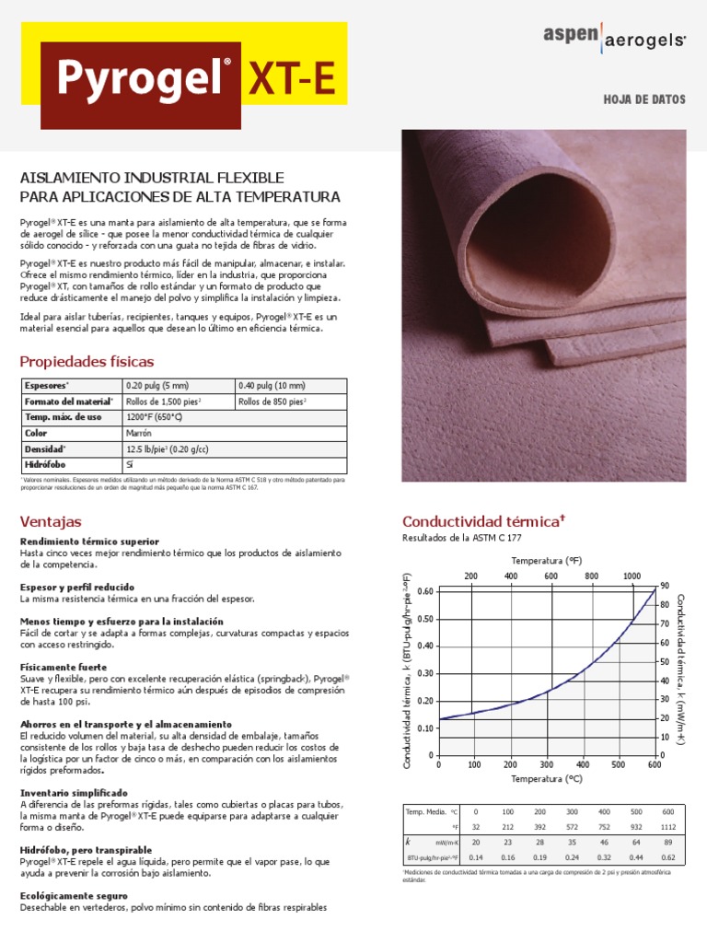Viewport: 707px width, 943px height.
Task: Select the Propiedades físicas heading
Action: [87, 361]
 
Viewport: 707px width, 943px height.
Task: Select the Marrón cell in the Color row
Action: [140, 433]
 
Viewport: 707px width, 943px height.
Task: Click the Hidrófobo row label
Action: [45, 465]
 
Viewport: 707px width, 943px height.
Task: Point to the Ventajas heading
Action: [51, 521]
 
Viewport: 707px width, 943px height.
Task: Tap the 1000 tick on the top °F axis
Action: [632, 576]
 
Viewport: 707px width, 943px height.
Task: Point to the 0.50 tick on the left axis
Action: [422, 618]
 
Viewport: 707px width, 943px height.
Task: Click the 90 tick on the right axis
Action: [663, 586]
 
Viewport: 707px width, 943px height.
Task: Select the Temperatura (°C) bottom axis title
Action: [547, 778]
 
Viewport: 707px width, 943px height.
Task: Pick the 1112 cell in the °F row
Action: [667, 828]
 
